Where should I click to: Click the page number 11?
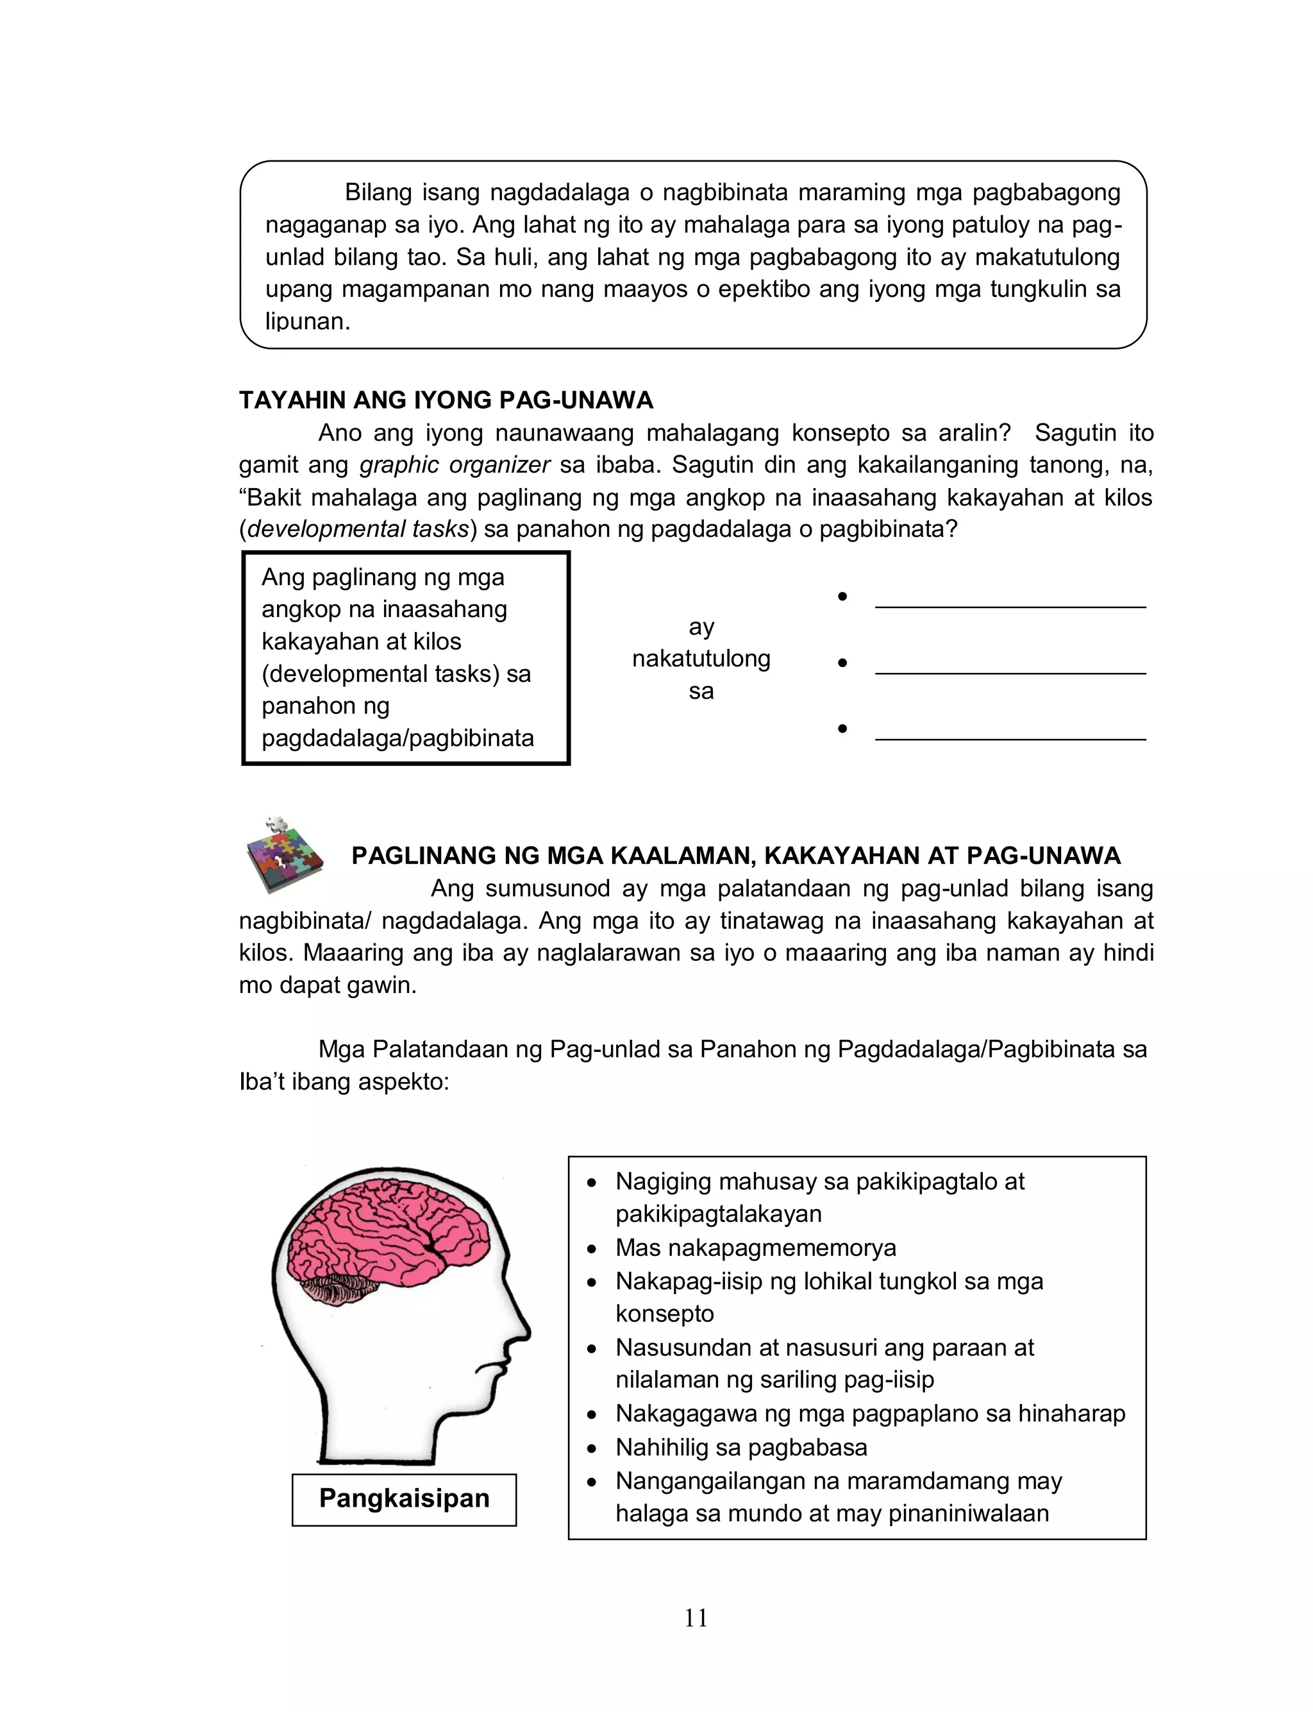click(696, 1618)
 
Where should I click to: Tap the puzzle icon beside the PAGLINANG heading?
click(282, 855)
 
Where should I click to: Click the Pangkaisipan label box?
click(404, 1498)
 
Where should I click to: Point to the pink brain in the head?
click(391, 1235)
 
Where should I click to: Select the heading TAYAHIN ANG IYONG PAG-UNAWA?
click(446, 400)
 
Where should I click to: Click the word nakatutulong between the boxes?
click(701, 659)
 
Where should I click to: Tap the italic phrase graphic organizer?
click(455, 465)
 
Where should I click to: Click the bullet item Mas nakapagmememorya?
click(755, 1248)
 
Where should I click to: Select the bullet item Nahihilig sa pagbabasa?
click(741, 1447)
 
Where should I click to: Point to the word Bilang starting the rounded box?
click(379, 192)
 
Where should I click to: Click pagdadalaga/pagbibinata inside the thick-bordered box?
click(397, 738)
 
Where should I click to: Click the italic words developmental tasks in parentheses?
click(357, 529)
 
